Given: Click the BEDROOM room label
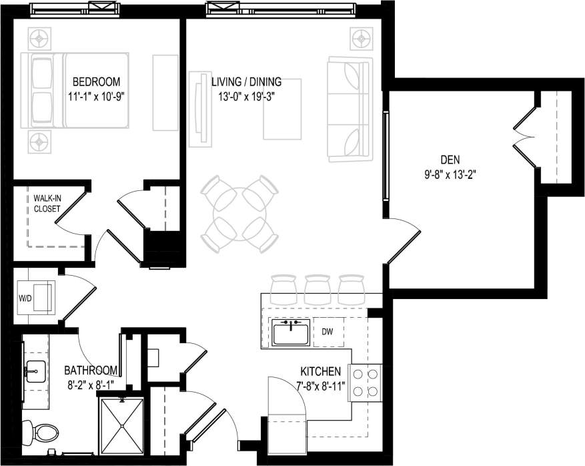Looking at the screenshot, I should tap(96, 82).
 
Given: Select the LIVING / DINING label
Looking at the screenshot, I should tap(246, 82).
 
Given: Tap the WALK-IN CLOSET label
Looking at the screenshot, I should tap(47, 204).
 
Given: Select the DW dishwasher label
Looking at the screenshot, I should tap(328, 331).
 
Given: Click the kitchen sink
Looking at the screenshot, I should tap(290, 332).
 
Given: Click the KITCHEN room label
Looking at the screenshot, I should tap(321, 371).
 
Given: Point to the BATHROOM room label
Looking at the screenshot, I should tap(91, 371).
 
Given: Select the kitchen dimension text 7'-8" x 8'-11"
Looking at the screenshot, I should tap(322, 385).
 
